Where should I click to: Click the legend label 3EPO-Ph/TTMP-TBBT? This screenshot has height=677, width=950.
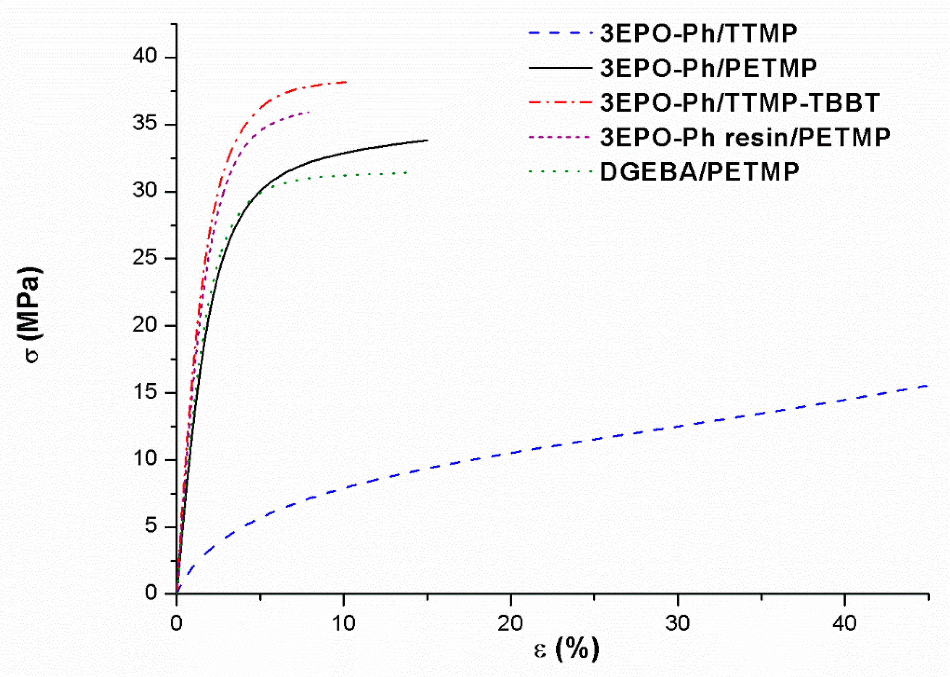[740, 102]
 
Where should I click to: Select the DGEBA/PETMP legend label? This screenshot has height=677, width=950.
[700, 171]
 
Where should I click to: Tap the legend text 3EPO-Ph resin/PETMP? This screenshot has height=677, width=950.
[745, 137]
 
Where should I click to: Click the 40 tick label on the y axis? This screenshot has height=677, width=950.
[145, 56]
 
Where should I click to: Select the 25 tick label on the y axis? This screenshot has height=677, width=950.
[145, 258]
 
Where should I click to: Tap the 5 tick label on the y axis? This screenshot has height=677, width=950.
[152, 526]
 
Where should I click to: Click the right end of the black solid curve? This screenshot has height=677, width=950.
[428, 140]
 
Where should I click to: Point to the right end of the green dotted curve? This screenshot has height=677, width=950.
[407, 172]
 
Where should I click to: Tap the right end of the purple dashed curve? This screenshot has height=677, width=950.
[309, 112]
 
